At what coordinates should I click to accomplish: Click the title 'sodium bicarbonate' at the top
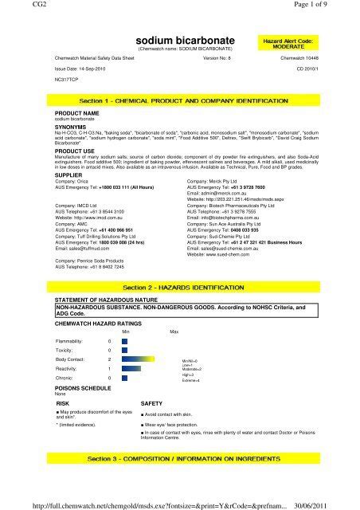pos(179,37)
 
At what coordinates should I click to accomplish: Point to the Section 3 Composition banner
pos(179,460)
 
